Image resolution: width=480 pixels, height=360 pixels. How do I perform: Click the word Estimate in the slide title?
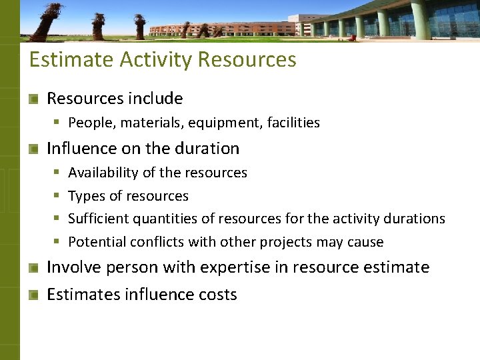point(71,60)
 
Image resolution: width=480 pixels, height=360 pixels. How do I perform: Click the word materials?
point(144,123)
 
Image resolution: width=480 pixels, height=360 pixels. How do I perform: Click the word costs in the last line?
point(219,295)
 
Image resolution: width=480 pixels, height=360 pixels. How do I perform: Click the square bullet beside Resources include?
point(33,99)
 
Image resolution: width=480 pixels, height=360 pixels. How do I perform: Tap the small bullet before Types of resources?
point(57,196)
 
